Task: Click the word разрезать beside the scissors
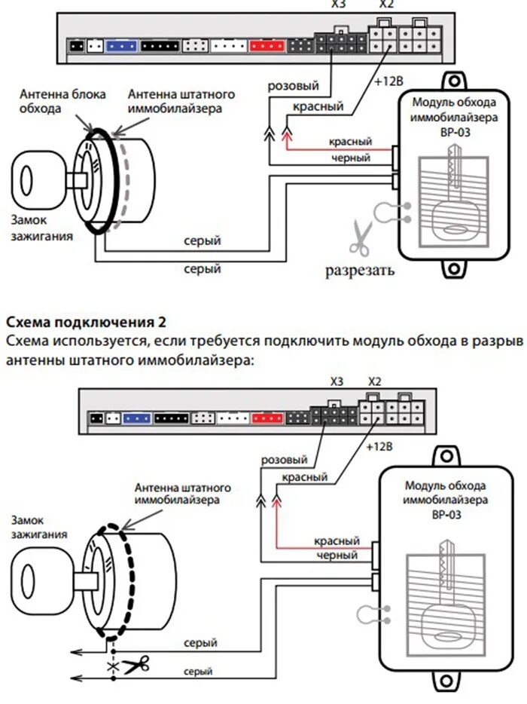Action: (x=359, y=270)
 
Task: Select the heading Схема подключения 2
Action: (x=85, y=323)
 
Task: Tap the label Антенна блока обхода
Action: (x=62, y=102)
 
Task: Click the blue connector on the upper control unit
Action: (x=120, y=46)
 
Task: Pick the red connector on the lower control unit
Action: (x=267, y=417)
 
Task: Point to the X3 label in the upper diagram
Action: (x=336, y=4)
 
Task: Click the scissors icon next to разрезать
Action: (x=359, y=237)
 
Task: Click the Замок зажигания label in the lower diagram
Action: (x=38, y=527)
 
